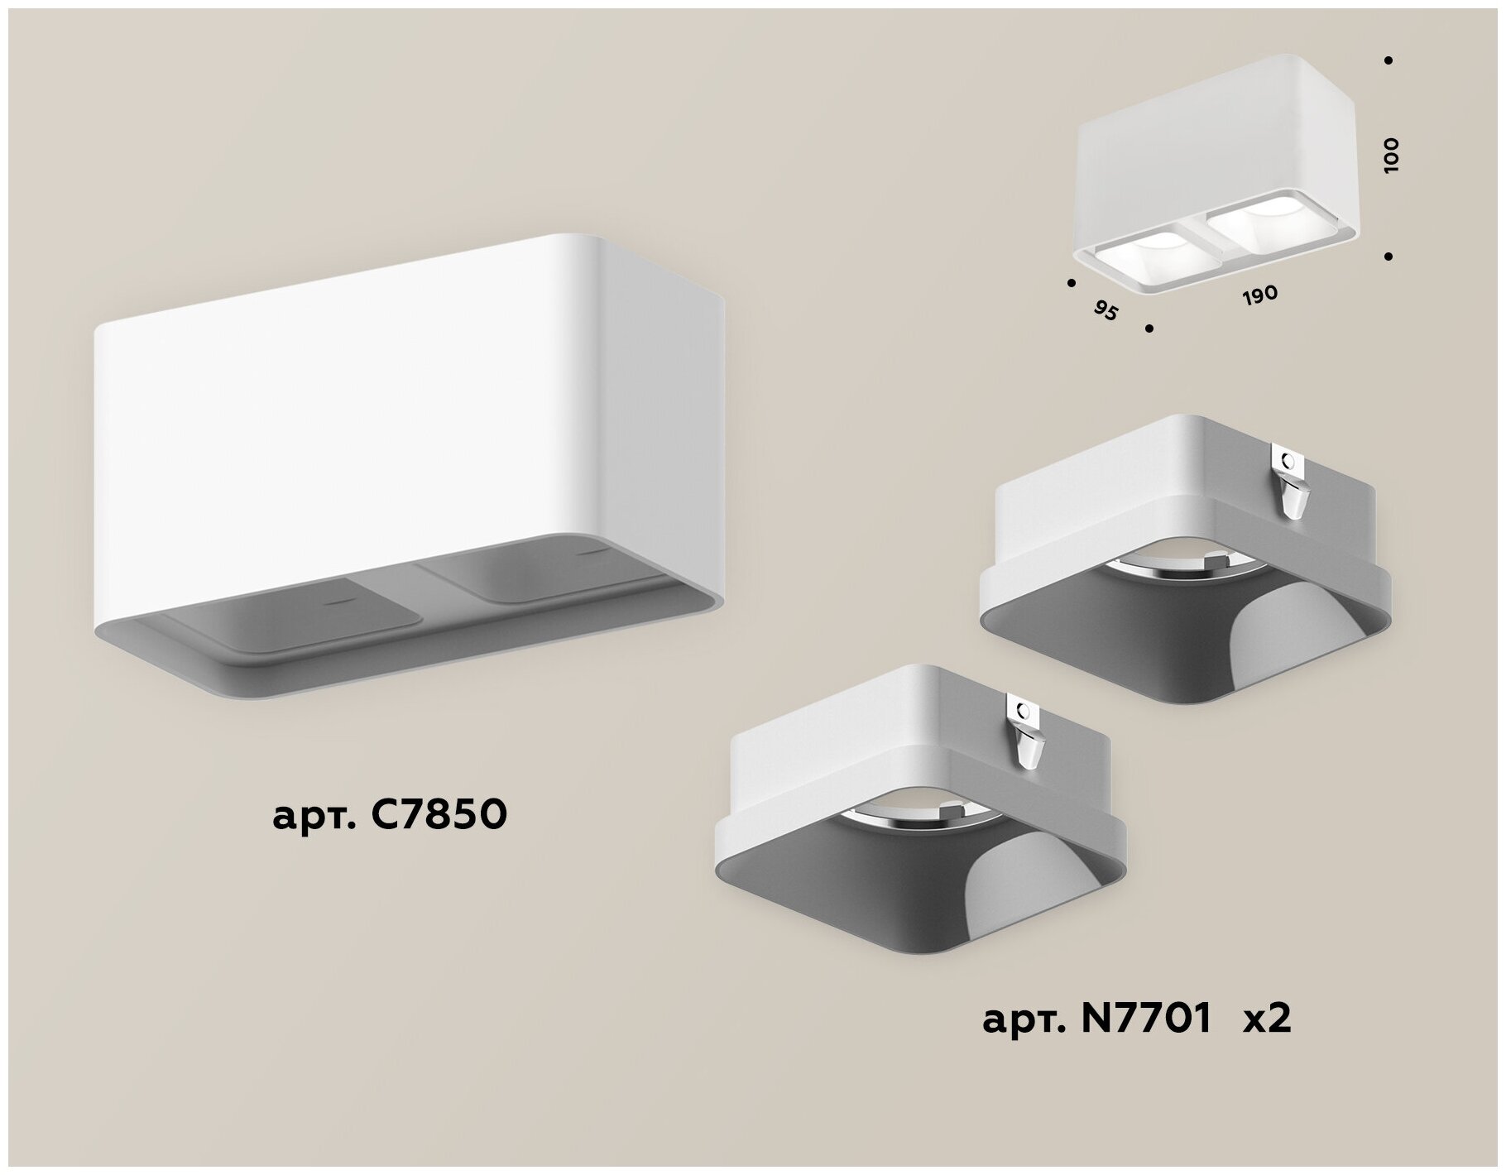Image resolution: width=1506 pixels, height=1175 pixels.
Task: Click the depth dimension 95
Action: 1106,310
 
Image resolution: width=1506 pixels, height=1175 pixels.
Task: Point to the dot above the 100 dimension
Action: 1388,60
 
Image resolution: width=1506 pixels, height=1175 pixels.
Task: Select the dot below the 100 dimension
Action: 1388,257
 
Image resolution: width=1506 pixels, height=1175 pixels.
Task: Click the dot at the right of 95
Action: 1149,329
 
